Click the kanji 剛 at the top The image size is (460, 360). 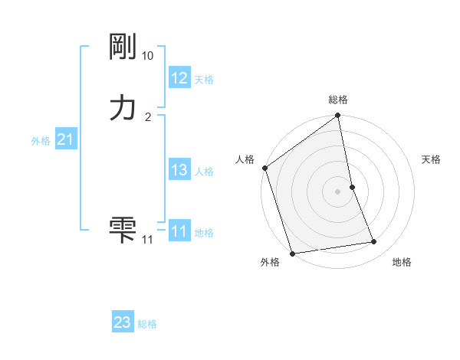(x=123, y=49)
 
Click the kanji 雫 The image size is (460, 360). (x=123, y=228)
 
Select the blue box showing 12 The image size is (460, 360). (x=179, y=78)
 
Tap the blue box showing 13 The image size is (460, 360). (x=179, y=170)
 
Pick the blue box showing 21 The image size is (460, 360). (x=65, y=139)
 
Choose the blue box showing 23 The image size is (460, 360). (x=123, y=322)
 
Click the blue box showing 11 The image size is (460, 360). (x=179, y=231)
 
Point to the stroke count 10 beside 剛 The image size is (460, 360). (x=148, y=56)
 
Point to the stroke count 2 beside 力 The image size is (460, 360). (x=148, y=116)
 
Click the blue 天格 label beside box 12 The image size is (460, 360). (x=204, y=80)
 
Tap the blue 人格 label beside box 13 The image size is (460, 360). (x=204, y=172)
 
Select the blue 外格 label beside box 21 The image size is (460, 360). (x=41, y=141)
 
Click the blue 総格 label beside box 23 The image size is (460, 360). (x=147, y=324)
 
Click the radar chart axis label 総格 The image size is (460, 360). (x=338, y=100)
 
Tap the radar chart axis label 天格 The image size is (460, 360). (x=431, y=159)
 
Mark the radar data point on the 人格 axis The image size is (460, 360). (x=265, y=168)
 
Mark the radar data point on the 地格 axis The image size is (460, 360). (x=374, y=242)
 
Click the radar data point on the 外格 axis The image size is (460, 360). (x=292, y=253)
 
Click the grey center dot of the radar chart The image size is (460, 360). (x=338, y=191)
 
